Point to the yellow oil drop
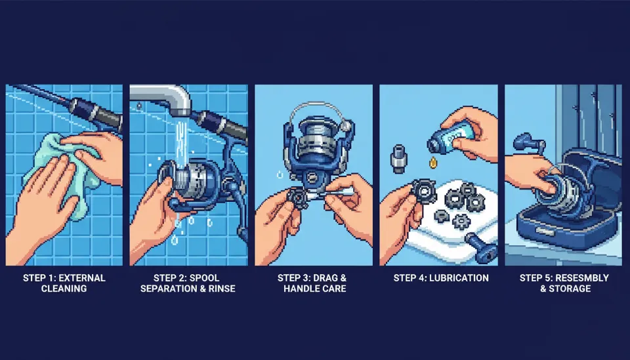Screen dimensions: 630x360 click(x=433, y=163)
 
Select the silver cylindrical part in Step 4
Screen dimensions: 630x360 click(x=398, y=159)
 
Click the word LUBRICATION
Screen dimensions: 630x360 click(x=459, y=278)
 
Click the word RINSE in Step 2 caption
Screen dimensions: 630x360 click(x=221, y=289)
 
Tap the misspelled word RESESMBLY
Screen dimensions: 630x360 click(x=582, y=278)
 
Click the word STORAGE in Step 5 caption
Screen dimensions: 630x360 click(x=570, y=289)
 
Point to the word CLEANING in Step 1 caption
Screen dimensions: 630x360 click(x=64, y=289)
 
